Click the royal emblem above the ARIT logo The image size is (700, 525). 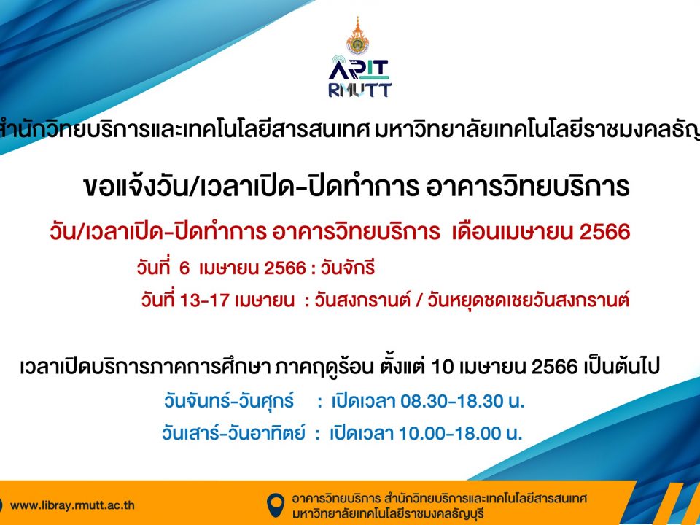[x=357, y=36]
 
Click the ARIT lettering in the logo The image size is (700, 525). [x=359, y=70]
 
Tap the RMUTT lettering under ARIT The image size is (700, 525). [x=359, y=90]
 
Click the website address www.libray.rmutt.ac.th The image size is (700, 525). [x=72, y=505]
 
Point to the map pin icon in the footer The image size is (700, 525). [x=276, y=505]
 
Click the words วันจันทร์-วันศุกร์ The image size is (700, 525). [x=229, y=400]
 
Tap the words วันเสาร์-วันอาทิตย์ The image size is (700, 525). [x=233, y=432]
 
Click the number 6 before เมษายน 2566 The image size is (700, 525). [x=184, y=268]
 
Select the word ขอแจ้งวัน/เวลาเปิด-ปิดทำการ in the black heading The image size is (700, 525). [x=251, y=186]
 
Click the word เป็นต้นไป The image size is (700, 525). [x=621, y=367]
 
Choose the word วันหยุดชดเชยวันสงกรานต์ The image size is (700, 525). [x=528, y=300]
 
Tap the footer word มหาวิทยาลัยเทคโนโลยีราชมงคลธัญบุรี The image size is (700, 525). [x=388, y=513]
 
